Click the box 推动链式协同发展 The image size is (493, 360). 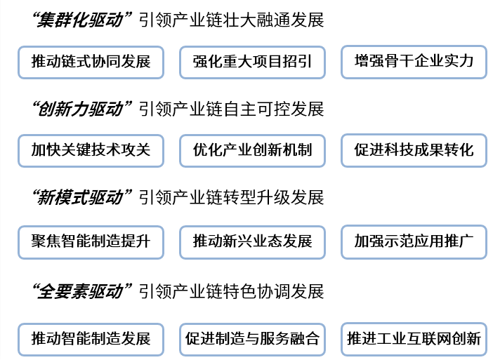tap(91, 62)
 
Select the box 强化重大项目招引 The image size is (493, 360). tap(252, 62)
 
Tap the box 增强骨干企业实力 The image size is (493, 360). tap(414, 62)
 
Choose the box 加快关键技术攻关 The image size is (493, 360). tap(91, 150)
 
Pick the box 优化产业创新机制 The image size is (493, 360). tap(252, 150)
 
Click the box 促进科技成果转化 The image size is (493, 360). tap(414, 150)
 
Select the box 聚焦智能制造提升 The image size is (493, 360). tap(91, 242)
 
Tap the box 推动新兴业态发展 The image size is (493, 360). tap(252, 242)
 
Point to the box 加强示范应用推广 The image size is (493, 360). tap(414, 242)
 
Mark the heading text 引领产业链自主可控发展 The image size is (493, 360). tap(231, 109)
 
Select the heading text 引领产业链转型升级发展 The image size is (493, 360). tap(231, 197)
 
